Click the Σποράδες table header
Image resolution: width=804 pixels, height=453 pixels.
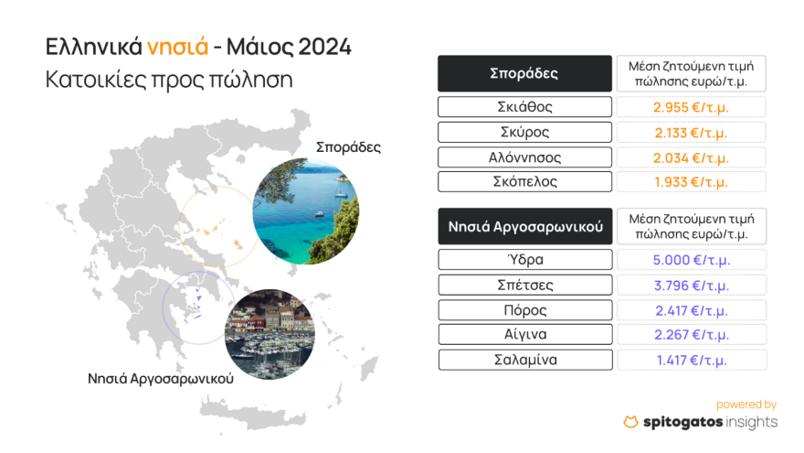524,73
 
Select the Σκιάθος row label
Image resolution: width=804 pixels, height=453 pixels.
524,106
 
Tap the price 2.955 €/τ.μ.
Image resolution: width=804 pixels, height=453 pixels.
692,106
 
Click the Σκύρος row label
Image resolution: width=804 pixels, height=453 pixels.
524,132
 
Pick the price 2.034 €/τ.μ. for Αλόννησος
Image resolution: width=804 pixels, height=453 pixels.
692,157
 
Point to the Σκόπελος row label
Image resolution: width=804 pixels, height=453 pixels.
524,182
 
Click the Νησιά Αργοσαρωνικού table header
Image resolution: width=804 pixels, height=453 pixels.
524,226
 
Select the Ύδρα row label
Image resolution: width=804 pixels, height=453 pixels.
524,259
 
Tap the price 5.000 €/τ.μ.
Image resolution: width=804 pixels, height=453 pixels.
692,259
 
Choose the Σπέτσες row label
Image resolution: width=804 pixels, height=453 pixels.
524,285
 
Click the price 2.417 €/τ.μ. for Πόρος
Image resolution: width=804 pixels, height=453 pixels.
692,309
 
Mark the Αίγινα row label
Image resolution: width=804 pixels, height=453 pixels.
524,334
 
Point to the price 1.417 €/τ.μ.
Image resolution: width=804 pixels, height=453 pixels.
692,360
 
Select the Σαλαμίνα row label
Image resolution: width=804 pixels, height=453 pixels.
524,360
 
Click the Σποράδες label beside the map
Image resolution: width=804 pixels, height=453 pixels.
348,146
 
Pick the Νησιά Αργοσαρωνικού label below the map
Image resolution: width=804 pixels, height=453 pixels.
160,377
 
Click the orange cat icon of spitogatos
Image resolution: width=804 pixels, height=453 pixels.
630,422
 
